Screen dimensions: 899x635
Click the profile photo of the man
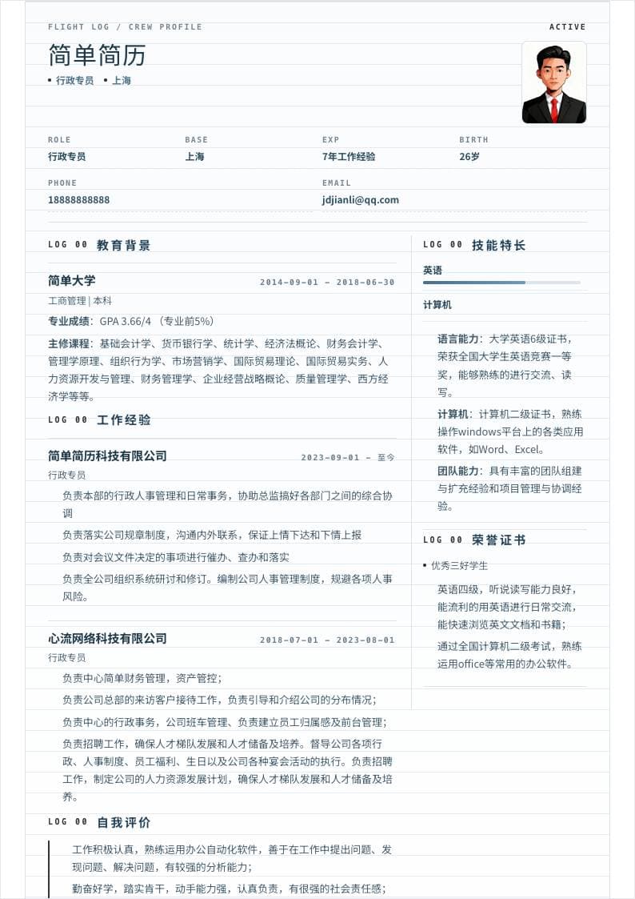coord(553,82)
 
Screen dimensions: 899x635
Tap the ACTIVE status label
coord(567,27)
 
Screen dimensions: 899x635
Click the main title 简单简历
coord(97,55)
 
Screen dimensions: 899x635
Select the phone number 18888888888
coord(78,199)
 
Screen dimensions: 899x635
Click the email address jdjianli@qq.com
coord(360,199)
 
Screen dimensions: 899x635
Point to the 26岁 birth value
coord(469,156)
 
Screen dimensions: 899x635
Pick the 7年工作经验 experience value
coord(349,156)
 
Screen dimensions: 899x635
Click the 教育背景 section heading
coord(123,245)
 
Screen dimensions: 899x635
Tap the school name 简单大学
coord(71,280)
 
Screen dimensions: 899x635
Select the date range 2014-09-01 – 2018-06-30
coord(327,282)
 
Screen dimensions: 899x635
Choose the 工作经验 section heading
coord(123,419)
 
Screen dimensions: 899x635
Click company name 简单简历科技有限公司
coord(107,456)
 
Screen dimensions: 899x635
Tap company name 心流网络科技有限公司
coord(107,638)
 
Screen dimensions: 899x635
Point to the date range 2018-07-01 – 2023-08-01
coord(327,640)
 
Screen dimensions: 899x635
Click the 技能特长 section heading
coord(498,245)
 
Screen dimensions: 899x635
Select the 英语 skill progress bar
coord(501,283)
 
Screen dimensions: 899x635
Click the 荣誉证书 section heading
coord(498,540)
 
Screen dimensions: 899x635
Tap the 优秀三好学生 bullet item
coord(459,565)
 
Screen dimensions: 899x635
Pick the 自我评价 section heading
coord(123,822)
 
